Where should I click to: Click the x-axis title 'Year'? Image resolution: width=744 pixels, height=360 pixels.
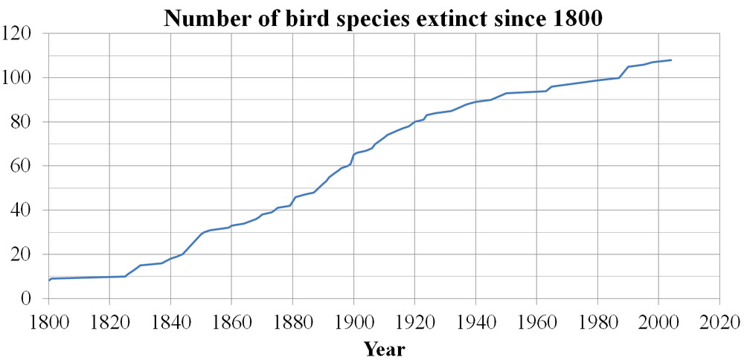(384, 348)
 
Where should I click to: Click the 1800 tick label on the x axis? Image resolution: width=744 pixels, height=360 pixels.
(48, 323)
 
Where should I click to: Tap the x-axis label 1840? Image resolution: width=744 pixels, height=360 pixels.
(170, 323)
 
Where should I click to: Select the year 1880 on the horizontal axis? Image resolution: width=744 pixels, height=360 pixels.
(292, 323)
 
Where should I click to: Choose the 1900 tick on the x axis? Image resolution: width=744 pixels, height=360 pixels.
(353, 323)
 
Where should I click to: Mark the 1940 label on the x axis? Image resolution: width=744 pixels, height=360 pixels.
(475, 323)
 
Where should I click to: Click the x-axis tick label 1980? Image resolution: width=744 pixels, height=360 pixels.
(597, 323)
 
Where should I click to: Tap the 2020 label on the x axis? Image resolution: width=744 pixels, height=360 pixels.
(719, 323)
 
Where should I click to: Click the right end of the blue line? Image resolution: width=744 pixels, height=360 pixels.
(671, 60)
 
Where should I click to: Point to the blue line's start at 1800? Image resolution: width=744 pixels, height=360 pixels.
(49, 280)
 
